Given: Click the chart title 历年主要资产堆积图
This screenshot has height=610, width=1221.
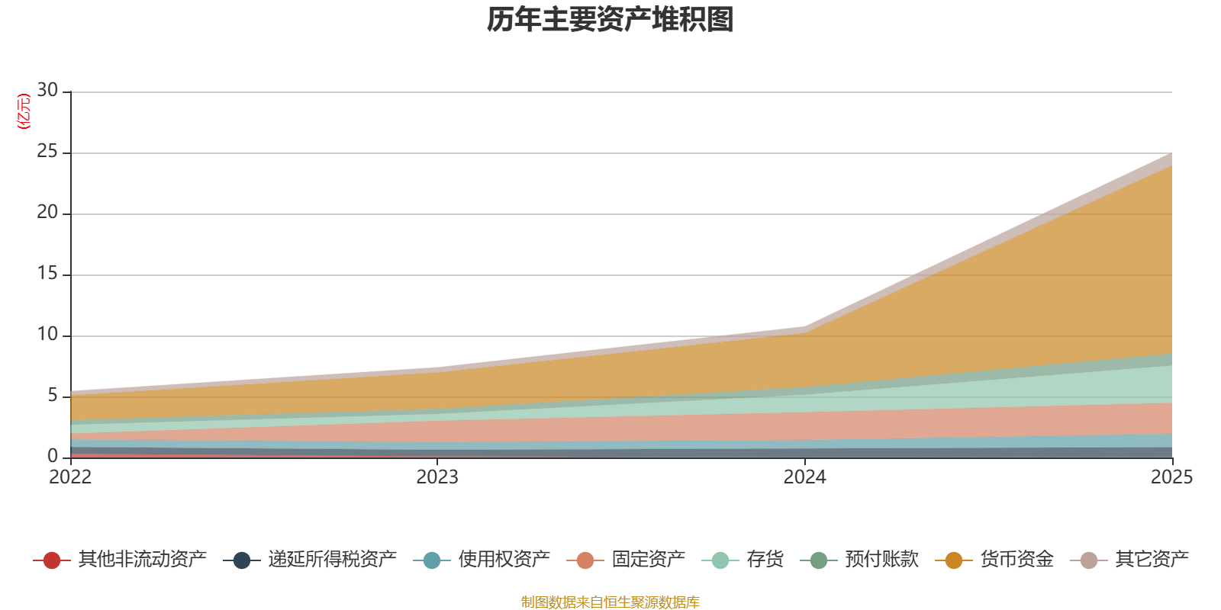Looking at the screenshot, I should (610, 20).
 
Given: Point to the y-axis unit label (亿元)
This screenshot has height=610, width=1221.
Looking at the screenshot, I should (24, 111).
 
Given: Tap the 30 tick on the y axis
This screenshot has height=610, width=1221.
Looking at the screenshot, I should (47, 91).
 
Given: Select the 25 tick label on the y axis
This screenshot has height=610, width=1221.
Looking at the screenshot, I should (47, 152).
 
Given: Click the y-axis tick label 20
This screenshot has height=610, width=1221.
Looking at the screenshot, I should (47, 213).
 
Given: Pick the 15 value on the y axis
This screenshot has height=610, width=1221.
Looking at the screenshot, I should (47, 274).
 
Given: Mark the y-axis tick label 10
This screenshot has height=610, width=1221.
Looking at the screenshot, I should (47, 335).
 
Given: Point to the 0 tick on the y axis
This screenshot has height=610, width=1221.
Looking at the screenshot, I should (53, 456).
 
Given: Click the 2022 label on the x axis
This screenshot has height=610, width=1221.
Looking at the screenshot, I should (70, 477).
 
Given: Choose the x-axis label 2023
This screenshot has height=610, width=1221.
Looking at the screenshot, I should (437, 477).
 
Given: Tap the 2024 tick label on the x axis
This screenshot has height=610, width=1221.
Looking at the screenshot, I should (804, 477).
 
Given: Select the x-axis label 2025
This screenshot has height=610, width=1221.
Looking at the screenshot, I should (1171, 477).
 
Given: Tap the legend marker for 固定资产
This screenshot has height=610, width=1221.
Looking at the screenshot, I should (585, 560).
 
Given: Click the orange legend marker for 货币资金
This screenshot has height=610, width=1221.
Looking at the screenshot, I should (953, 560).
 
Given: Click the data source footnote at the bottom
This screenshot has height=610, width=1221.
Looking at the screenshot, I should (610, 602).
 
